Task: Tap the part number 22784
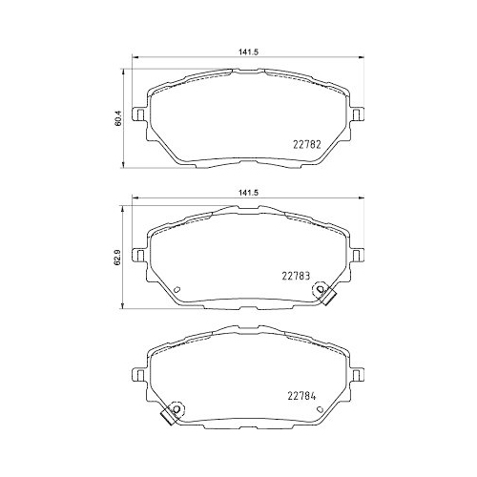pyautogui.click(x=303, y=397)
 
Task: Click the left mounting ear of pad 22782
pyautogui.click(x=139, y=115)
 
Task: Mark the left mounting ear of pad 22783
pyautogui.click(x=139, y=256)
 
